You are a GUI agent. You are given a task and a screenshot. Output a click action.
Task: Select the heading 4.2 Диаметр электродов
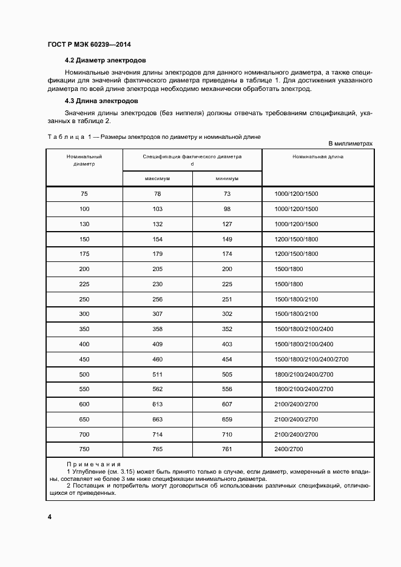tap(106, 61)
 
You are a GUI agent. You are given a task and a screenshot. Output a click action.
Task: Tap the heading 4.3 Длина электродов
tap(102, 101)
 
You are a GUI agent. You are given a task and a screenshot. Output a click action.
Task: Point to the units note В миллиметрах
tap(350, 144)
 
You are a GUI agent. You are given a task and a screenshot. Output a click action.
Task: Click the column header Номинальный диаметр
tap(84, 159)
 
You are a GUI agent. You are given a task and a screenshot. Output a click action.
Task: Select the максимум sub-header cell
tap(157, 179)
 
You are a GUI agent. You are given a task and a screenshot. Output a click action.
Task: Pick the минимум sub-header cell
tap(226, 179)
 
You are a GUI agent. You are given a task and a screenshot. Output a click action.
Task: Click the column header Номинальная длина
tap(317, 156)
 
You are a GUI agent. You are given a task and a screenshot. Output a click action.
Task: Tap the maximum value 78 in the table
tap(157, 193)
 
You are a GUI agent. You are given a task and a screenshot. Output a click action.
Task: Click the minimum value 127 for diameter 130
tap(226, 224)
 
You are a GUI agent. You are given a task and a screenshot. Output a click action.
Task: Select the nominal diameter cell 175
tap(84, 254)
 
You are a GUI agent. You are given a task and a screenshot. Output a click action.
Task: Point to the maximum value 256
tap(157, 299)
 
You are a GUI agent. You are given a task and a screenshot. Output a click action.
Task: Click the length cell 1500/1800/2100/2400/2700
tap(311, 360)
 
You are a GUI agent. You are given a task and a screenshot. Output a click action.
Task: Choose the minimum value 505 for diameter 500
tap(226, 374)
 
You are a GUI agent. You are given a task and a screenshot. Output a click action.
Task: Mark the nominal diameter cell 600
tap(84, 404)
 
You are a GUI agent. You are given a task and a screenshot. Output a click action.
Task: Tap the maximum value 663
tap(157, 419)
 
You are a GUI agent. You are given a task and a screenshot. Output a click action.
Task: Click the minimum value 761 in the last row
tap(226, 449)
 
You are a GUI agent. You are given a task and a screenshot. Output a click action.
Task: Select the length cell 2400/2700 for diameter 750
tap(289, 449)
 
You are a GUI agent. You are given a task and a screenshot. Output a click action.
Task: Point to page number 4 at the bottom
tap(49, 516)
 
